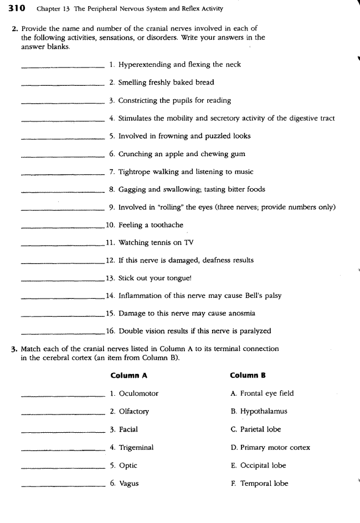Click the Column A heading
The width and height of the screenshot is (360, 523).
tap(128, 375)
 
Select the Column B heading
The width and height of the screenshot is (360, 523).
tap(248, 375)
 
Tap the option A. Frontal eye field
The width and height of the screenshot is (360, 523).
tap(261, 393)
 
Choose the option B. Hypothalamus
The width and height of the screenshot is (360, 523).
tap(258, 411)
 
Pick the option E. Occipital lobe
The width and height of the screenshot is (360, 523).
tap(258, 465)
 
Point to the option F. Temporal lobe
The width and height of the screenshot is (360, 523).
tap(259, 483)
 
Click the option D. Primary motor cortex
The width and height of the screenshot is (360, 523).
tap(269, 447)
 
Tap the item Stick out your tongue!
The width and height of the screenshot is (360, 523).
tap(147, 278)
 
